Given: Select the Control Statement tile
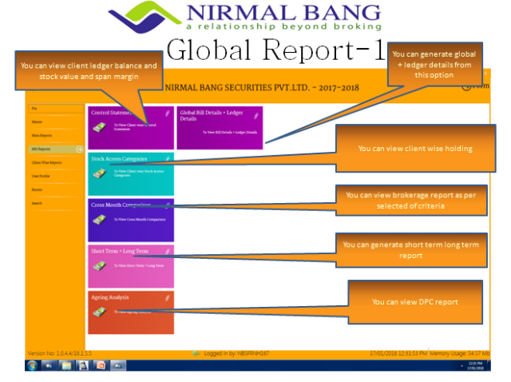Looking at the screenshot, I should click(x=130, y=128).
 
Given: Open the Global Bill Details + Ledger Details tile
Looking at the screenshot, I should click(x=219, y=128).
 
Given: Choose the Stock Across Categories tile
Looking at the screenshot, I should click(x=130, y=173).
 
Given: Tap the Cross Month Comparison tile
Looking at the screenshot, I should click(x=130, y=220).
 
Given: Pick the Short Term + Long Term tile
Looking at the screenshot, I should click(x=130, y=266).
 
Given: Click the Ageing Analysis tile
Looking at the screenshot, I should click(x=130, y=312).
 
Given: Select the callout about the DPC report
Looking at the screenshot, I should click(x=414, y=302).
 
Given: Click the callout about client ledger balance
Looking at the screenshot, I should click(x=88, y=70).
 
